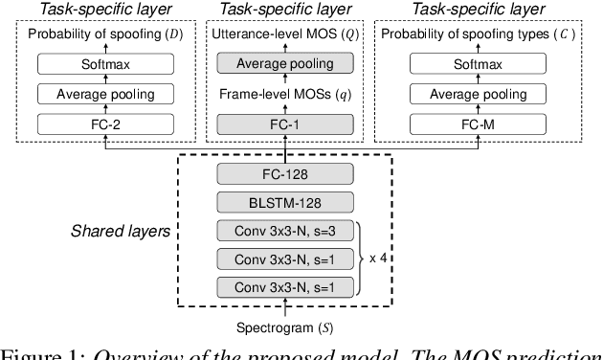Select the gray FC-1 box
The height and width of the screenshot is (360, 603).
(283, 124)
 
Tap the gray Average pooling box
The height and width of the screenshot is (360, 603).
(283, 64)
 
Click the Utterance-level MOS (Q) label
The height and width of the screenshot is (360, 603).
(283, 35)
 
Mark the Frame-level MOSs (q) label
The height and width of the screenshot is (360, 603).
(283, 94)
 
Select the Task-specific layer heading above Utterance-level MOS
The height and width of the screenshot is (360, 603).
(283, 9)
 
